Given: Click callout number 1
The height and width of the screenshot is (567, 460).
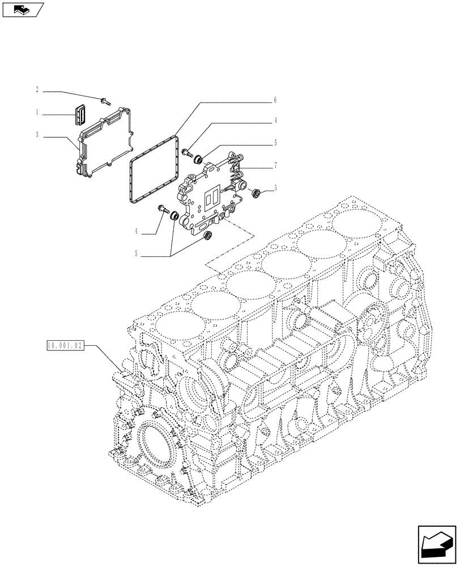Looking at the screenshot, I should pos(37,113).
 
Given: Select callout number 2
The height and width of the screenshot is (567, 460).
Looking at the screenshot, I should pos(37,90).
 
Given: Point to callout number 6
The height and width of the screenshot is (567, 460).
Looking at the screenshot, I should pos(275,100).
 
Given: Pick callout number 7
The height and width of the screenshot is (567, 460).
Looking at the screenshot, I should pos(275,166).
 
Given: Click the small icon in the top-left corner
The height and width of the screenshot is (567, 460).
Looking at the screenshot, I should pos(21,9).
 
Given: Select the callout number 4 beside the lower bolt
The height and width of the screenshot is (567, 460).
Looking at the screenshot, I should pos(137,232).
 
